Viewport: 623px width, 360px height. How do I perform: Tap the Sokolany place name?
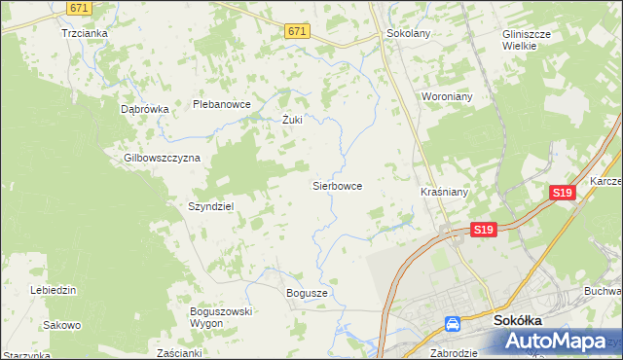tap(409, 32)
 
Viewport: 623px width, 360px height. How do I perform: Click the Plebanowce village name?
tap(223, 104)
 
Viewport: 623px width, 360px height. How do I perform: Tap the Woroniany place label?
tap(446, 97)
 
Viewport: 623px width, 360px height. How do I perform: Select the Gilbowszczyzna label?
tap(162, 158)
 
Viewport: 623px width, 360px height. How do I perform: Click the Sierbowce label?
tap(337, 184)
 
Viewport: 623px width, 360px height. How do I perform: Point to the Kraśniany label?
tap(444, 192)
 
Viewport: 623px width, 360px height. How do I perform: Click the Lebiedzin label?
tap(54, 290)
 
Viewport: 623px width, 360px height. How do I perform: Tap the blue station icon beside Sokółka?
tap(453, 324)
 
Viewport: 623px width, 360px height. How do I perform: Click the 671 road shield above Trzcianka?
tap(81, 7)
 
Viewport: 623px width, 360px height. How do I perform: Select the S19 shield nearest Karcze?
tap(561, 194)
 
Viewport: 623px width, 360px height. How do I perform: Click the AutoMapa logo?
tap(561, 340)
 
